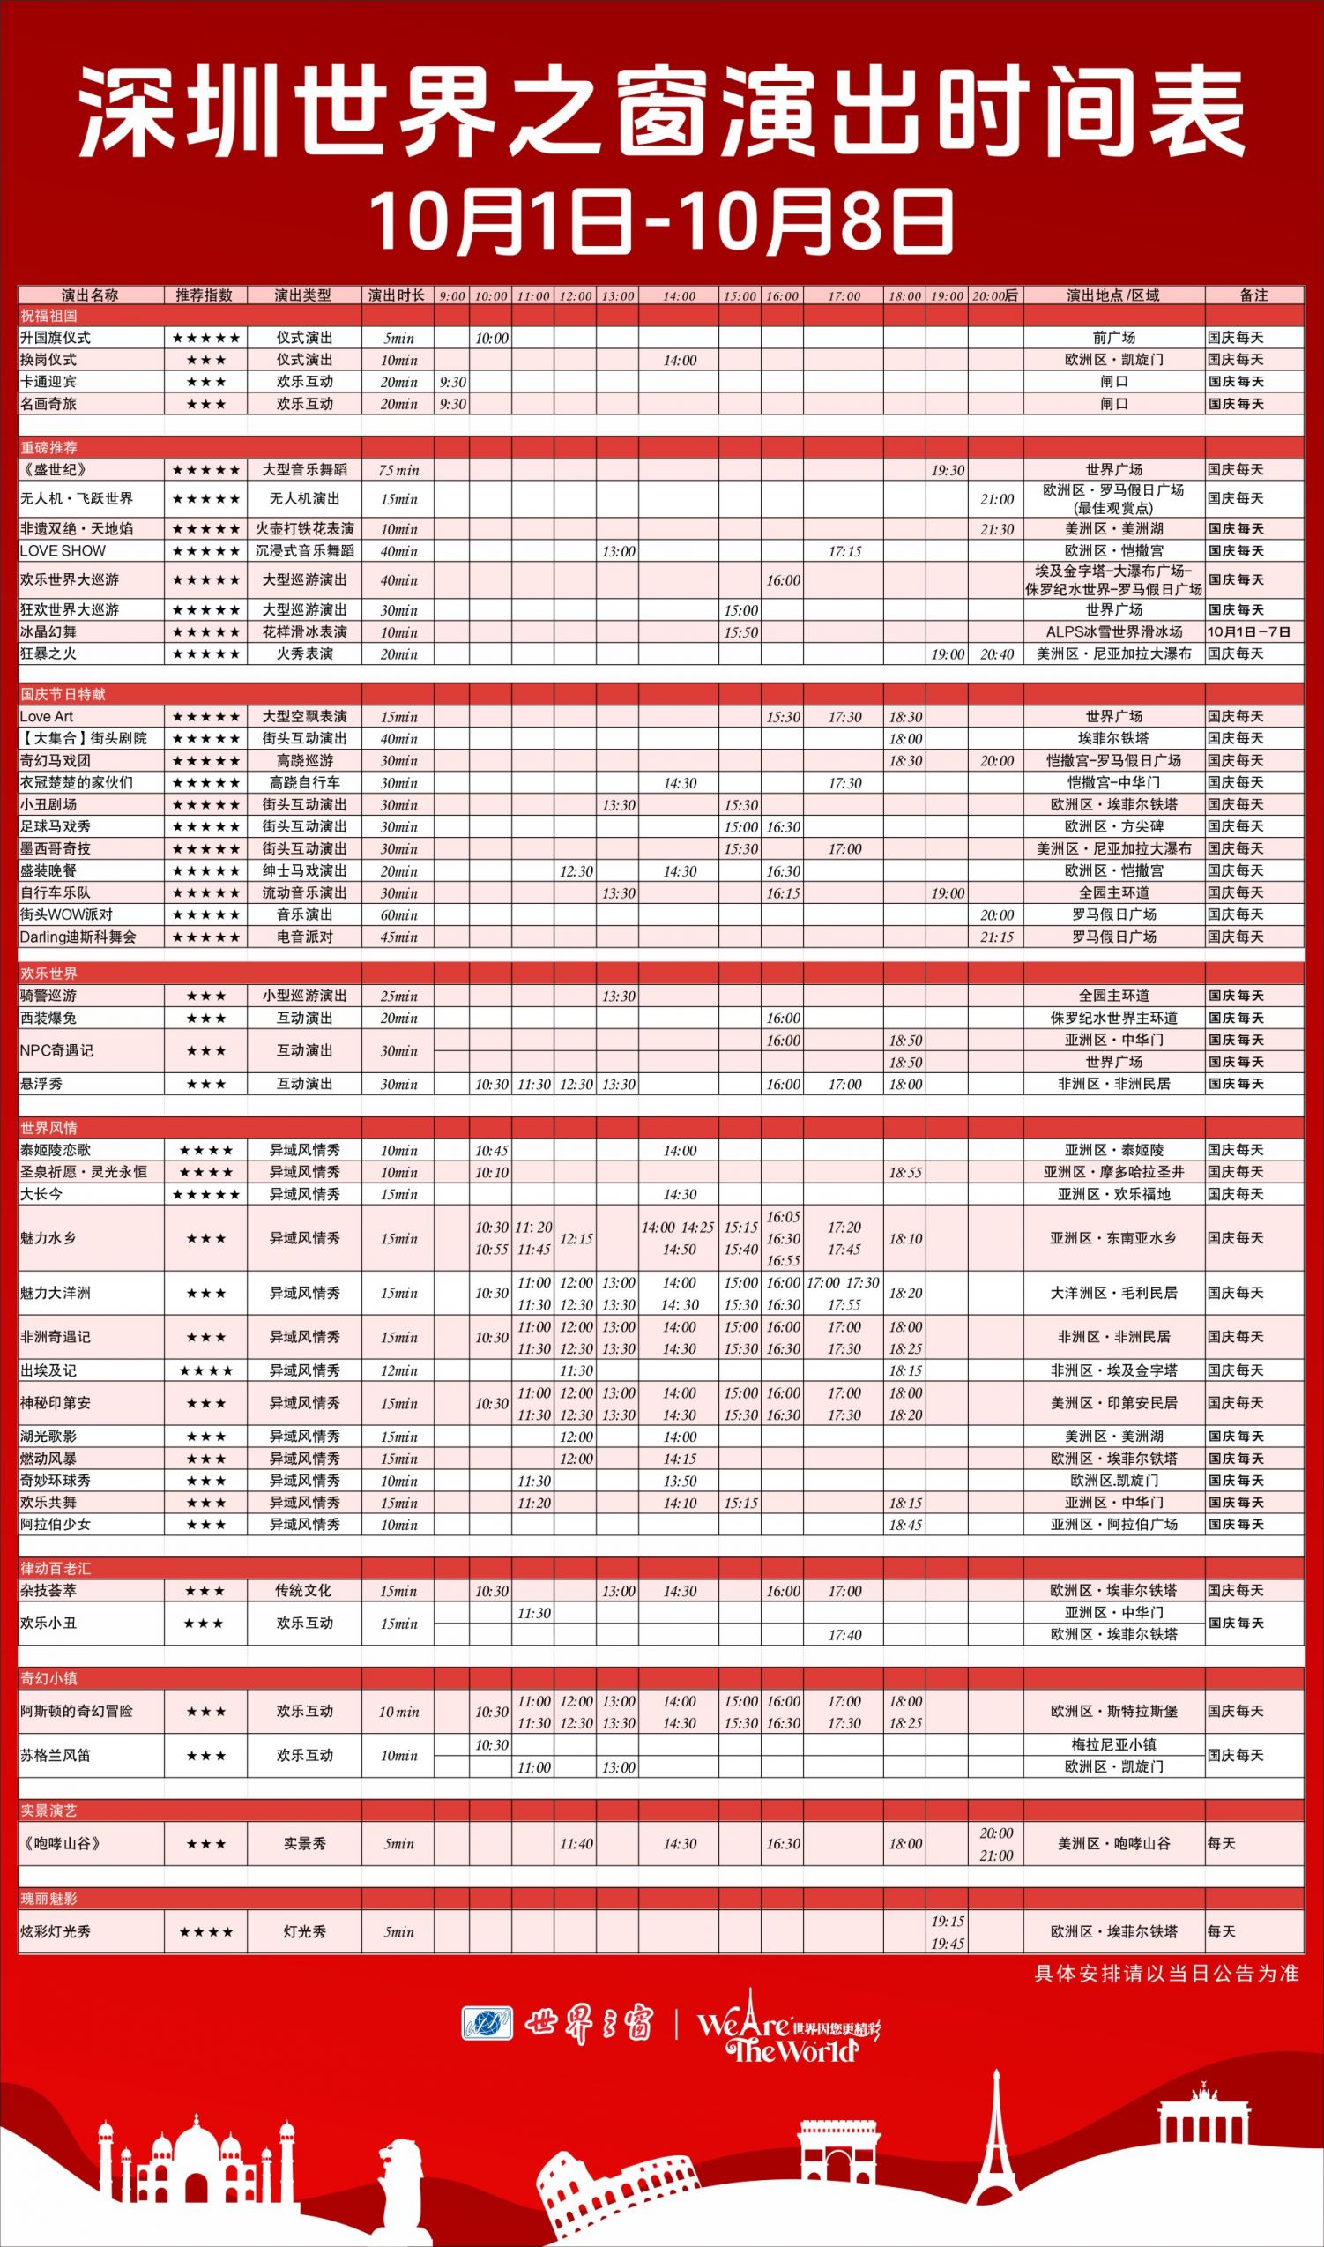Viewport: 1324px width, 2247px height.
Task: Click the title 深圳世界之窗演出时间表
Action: (x=661, y=115)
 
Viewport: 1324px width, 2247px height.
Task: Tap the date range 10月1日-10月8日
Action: (x=661, y=220)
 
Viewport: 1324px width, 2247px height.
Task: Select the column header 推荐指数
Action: (x=205, y=295)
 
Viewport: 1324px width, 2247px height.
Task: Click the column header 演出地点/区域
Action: (x=1113, y=295)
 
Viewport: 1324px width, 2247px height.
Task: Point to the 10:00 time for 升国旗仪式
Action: (x=491, y=339)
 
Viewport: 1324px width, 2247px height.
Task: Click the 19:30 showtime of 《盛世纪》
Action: (x=947, y=470)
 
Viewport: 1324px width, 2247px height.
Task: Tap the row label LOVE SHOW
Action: (x=63, y=550)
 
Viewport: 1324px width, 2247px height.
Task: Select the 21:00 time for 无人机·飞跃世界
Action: (x=996, y=500)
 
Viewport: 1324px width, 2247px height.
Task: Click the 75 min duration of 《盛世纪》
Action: (x=398, y=470)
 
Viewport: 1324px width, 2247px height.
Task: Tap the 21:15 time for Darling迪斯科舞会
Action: (x=996, y=937)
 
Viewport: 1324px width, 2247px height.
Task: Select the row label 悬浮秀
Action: (x=41, y=1084)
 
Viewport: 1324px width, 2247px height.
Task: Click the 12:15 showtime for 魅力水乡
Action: (x=576, y=1239)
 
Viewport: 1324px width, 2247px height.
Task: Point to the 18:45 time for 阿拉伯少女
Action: (x=904, y=1525)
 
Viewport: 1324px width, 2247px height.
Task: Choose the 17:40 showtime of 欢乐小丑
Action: (x=844, y=1635)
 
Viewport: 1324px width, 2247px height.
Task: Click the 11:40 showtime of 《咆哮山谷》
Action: (x=576, y=1844)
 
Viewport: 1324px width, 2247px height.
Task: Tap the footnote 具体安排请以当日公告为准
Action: (x=1166, y=1973)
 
